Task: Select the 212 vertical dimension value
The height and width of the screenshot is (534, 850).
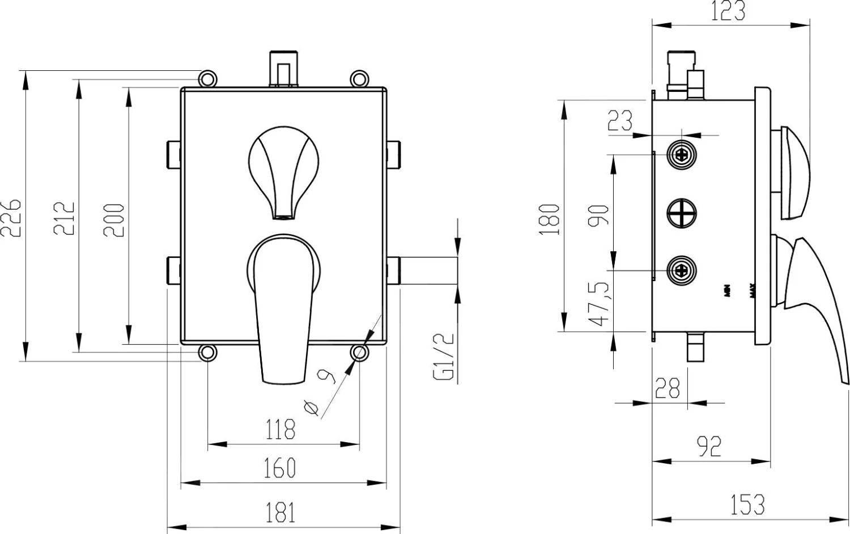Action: click(64, 217)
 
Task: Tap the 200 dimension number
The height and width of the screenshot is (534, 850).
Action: click(114, 220)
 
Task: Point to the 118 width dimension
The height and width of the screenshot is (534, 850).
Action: click(281, 429)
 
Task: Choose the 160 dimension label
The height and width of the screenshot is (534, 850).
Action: click(280, 468)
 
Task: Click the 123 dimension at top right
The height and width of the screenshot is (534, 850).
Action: click(728, 11)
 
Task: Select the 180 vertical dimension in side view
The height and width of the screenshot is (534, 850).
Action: click(551, 219)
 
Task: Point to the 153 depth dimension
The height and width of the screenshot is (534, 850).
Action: click(747, 505)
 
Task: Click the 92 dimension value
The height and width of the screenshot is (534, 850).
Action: click(709, 446)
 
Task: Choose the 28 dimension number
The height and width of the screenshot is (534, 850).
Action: click(667, 388)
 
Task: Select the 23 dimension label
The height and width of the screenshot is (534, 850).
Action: click(620, 120)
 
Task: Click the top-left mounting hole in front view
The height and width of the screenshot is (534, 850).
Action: click(207, 78)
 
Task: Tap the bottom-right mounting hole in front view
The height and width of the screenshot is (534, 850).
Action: click(359, 353)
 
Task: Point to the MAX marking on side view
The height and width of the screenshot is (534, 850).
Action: click(753, 291)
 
